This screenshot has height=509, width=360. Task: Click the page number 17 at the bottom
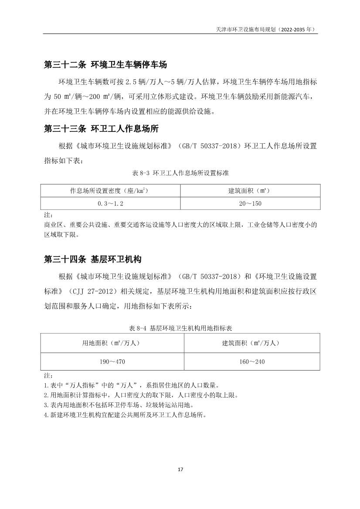pos(180,469)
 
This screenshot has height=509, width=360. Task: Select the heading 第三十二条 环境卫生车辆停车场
pos(105,65)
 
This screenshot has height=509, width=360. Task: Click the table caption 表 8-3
pos(180,173)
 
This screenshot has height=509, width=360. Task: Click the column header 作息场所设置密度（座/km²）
pos(111,191)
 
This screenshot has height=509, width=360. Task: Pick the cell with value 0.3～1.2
pos(111,203)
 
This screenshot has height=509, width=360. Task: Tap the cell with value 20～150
pos(251,203)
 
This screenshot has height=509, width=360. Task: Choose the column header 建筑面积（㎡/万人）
pos(251,343)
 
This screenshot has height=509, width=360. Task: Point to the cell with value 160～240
pos(251,361)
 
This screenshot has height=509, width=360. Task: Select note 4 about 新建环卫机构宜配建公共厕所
pos(125,415)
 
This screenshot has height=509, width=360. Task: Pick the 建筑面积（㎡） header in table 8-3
pos(251,191)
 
